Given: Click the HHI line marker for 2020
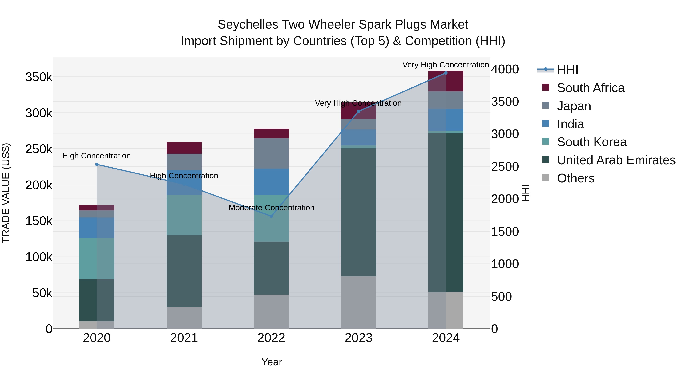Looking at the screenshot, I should (x=97, y=164).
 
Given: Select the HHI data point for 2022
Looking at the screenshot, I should (x=271, y=216).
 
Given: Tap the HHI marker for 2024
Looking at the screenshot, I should (x=446, y=73).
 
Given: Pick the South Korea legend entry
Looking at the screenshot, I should (x=591, y=142).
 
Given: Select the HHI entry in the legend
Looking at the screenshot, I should (x=567, y=70).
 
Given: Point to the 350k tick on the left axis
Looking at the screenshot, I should (x=39, y=77).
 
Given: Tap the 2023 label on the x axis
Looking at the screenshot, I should (x=358, y=338).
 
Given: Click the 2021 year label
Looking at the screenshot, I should (x=184, y=338).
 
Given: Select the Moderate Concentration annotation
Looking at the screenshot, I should (x=271, y=208).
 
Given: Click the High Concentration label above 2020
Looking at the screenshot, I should (x=96, y=156).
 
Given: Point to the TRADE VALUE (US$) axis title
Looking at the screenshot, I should (x=6, y=193).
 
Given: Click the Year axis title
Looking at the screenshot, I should (x=272, y=362).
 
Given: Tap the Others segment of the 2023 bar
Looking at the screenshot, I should (x=358, y=302).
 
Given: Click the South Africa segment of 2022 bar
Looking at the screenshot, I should (x=271, y=133).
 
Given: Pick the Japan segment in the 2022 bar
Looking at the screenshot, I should (x=271, y=153).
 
